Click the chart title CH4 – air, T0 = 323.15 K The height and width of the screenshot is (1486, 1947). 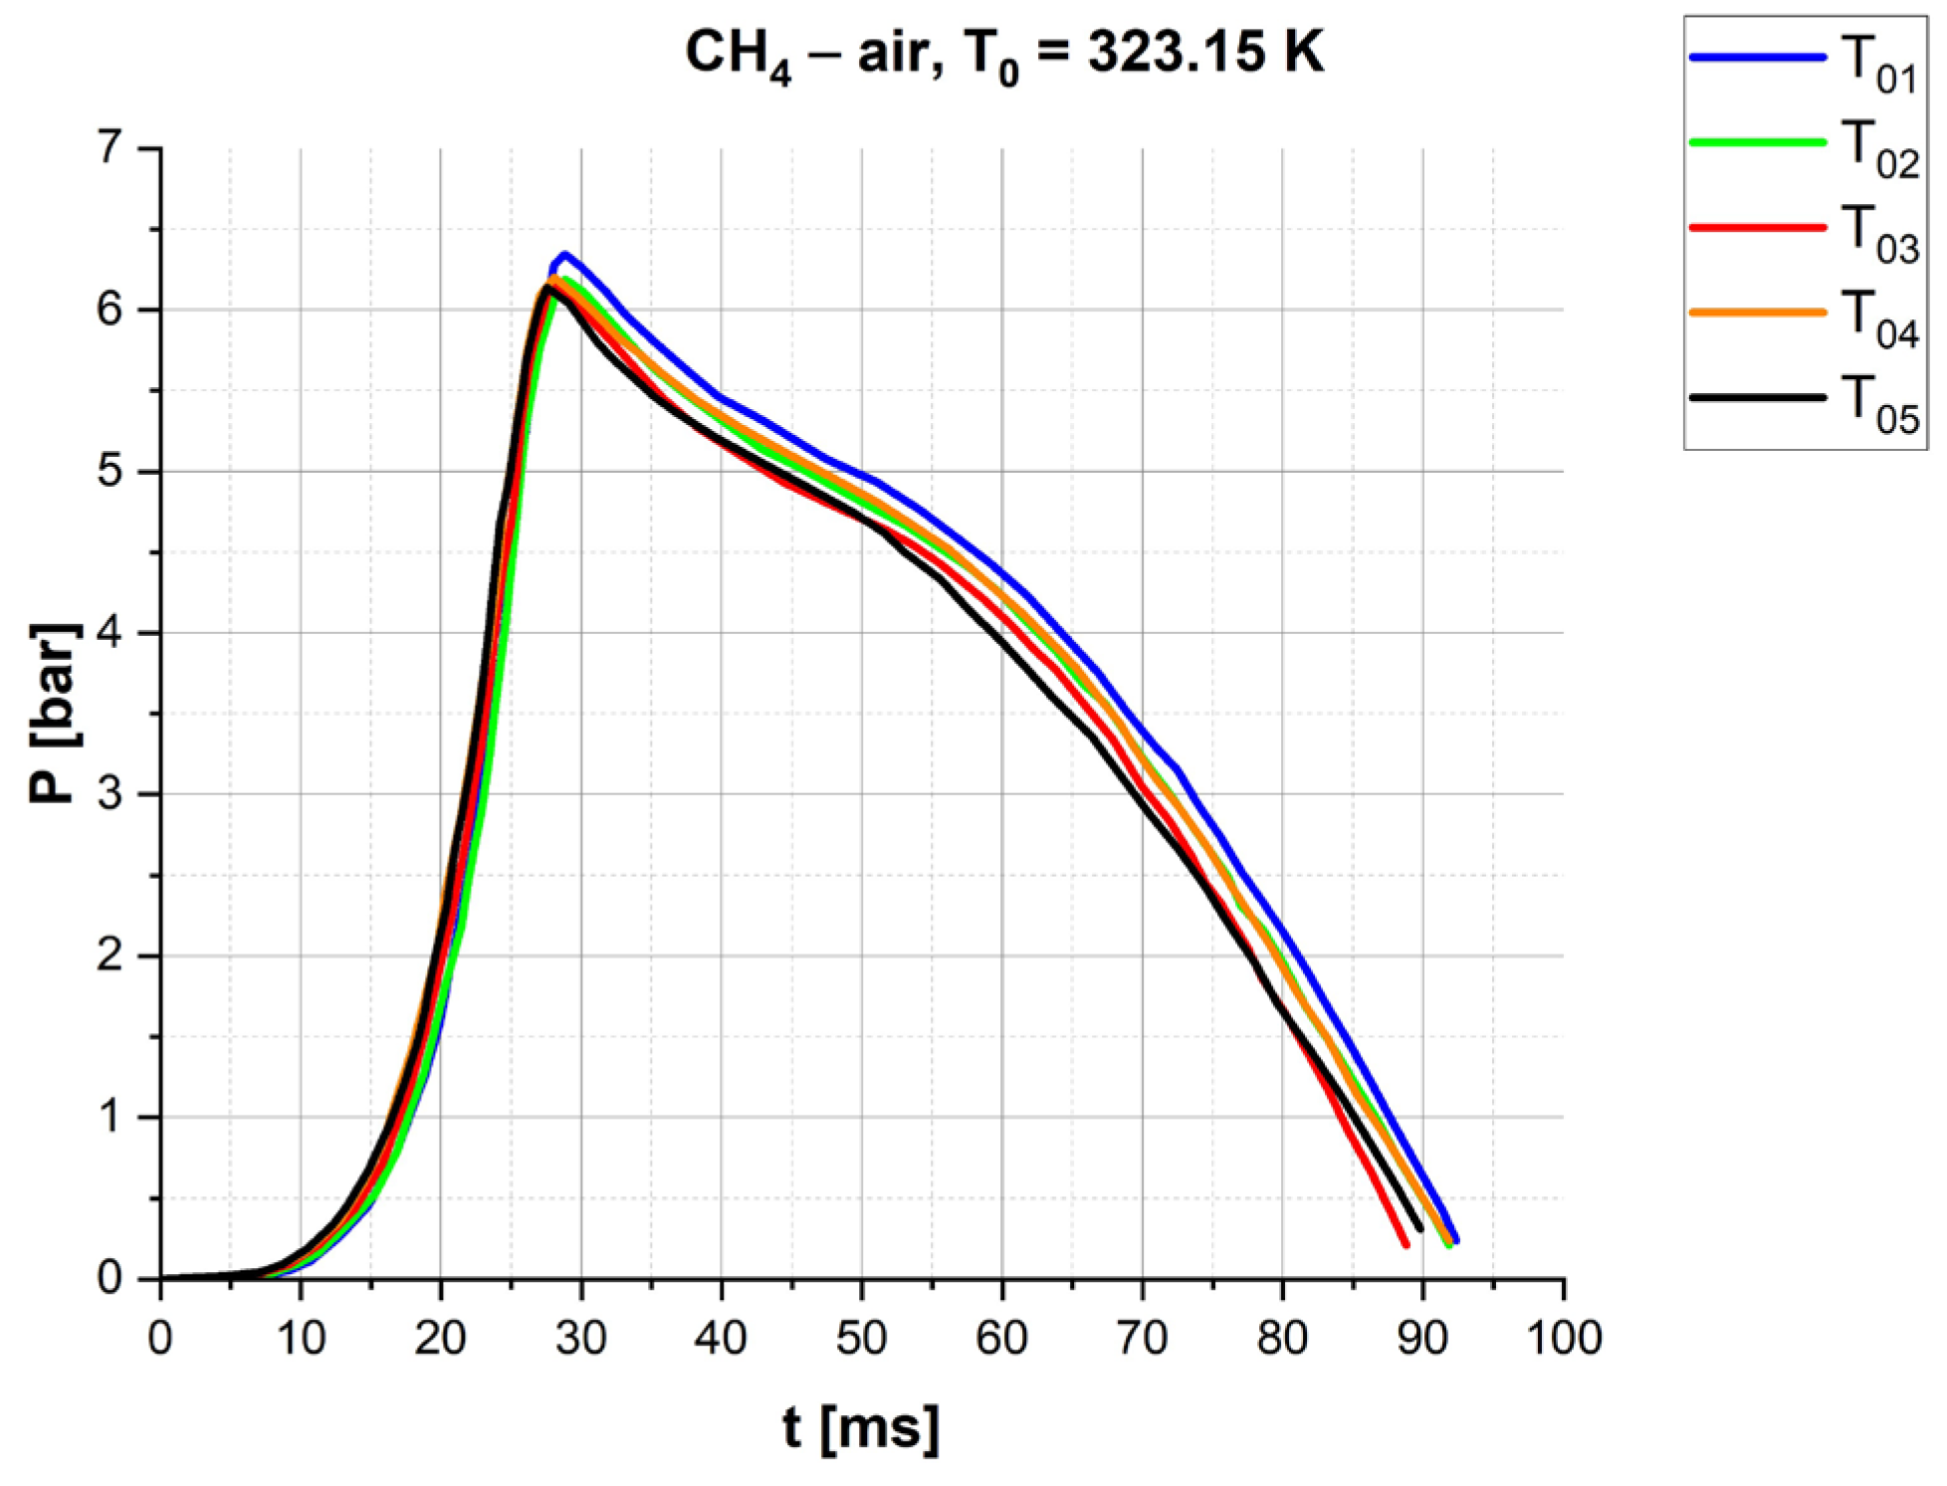coord(1003,54)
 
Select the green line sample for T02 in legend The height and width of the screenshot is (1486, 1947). coord(1757,142)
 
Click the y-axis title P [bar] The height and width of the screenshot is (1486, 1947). coord(55,713)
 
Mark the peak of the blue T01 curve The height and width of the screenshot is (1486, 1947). coord(564,255)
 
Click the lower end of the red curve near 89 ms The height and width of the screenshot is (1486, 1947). coord(1406,1244)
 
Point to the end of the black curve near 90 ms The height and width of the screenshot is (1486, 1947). coord(1419,1229)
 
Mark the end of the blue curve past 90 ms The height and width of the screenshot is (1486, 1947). coord(1456,1240)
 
